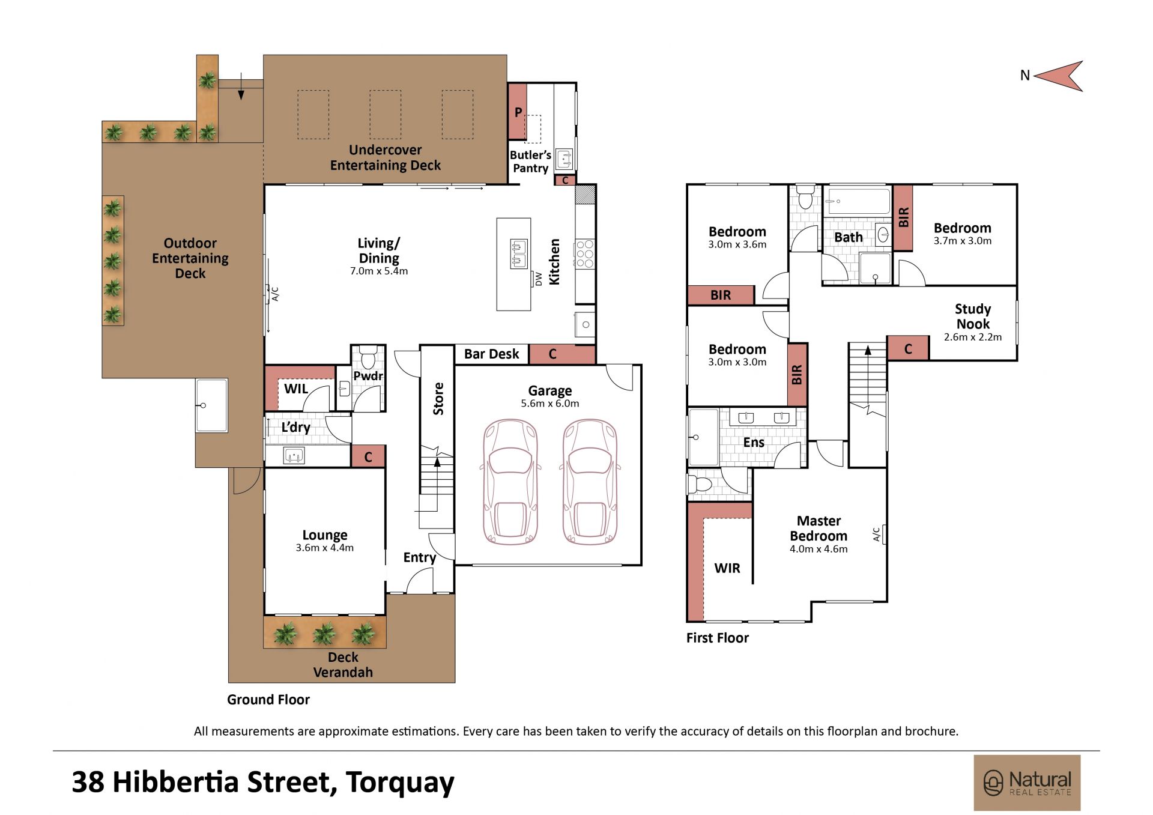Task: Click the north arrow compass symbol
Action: [1060, 76]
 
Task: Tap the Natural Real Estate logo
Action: [1027, 783]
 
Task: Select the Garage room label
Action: [550, 391]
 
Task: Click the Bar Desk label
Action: [491, 354]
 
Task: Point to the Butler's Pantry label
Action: [530, 162]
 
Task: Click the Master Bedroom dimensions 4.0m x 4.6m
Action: [819, 549]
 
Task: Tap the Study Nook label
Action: [973, 317]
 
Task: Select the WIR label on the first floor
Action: [727, 568]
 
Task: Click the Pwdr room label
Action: [368, 376]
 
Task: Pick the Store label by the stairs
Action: [438, 399]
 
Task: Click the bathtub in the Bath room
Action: [857, 201]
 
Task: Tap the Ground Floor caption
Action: [268, 700]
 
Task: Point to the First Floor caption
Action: [718, 638]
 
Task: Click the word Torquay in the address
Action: [400, 783]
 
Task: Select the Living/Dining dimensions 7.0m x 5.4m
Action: [379, 271]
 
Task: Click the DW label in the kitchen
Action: [539, 279]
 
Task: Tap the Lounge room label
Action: [325, 535]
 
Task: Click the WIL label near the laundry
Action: [296, 389]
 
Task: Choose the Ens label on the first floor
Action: [754, 443]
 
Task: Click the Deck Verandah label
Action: [343, 665]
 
